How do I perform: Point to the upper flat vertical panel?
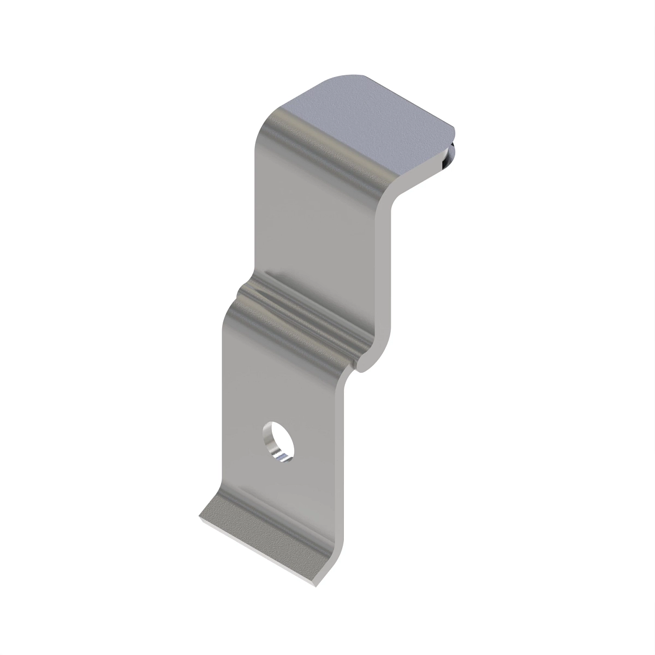tap(317, 229)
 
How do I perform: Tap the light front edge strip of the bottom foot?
tap(257, 551)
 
